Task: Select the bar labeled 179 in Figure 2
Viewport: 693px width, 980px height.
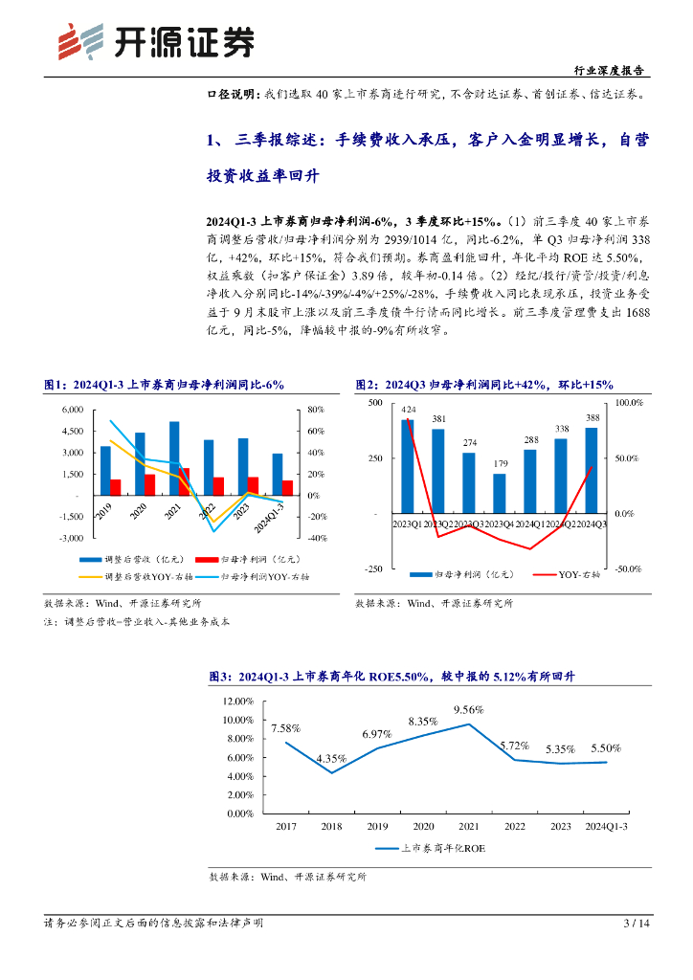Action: coord(499,494)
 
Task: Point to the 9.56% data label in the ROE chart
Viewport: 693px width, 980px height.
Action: coord(468,710)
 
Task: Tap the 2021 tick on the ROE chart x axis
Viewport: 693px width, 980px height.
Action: coord(469,825)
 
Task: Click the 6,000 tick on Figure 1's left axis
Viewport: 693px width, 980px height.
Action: coord(71,410)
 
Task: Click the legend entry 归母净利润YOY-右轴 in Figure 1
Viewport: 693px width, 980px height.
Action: coord(265,577)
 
